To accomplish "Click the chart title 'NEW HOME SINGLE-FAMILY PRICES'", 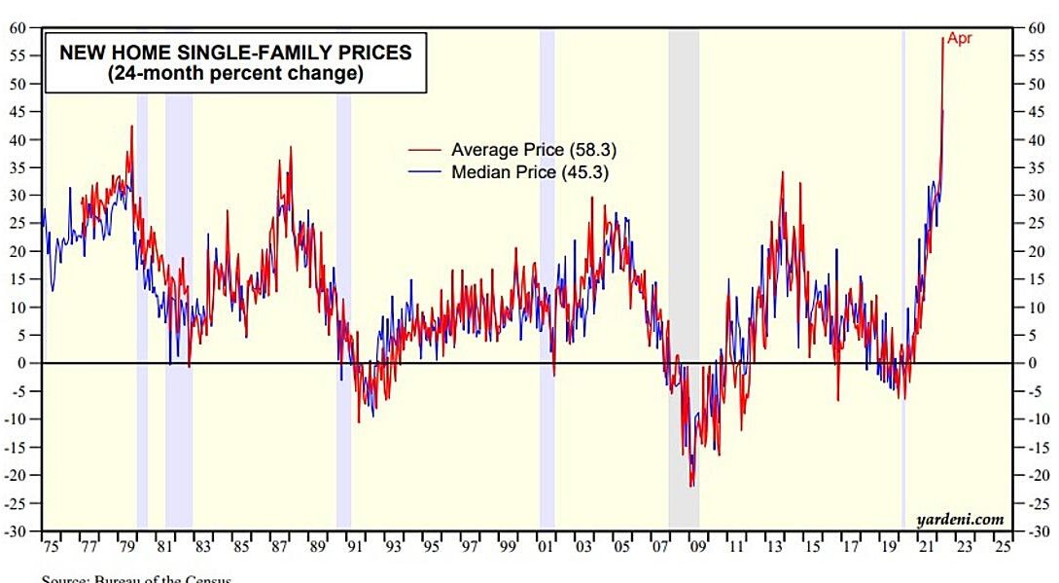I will coord(235,53).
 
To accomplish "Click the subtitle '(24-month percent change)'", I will coord(235,74).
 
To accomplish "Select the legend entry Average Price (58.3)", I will coord(533,150).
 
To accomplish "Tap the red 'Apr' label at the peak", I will coord(959,39).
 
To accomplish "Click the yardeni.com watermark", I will coord(959,520).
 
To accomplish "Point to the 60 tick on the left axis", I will coord(18,28).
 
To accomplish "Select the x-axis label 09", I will coord(697,547).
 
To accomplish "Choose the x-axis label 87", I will coord(279,547).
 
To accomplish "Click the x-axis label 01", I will coord(546,547).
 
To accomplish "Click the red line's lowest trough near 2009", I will coord(691,486).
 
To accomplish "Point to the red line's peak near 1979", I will coord(131,127).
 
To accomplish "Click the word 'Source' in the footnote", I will coord(64,579).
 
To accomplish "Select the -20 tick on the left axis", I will coord(18,476).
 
